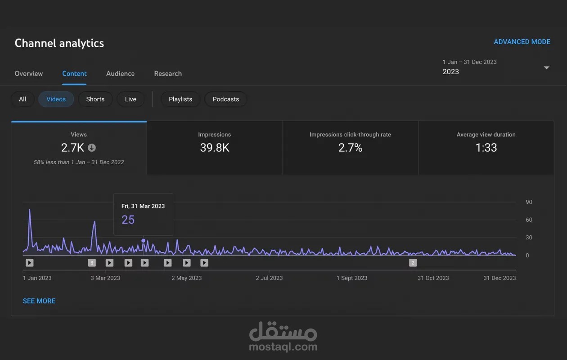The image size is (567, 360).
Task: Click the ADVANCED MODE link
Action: [522, 42]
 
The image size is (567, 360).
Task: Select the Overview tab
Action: [29, 74]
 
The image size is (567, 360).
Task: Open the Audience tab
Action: [121, 74]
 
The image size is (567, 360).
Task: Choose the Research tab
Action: [168, 74]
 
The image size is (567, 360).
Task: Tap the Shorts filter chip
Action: [95, 99]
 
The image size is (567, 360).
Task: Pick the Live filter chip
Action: [130, 99]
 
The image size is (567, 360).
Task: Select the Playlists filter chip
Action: [180, 99]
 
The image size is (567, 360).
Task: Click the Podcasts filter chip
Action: [226, 99]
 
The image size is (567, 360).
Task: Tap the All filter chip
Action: [22, 99]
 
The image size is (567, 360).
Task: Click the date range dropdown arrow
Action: [546, 68]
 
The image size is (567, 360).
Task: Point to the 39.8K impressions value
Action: [215, 148]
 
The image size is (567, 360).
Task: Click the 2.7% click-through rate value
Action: [350, 148]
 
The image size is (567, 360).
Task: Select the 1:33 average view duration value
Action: [486, 148]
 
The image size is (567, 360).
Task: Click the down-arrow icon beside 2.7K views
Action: [92, 148]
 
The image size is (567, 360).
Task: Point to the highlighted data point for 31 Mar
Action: [143, 240]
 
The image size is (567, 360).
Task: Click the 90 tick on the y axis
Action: [529, 202]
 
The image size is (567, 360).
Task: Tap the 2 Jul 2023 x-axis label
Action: [269, 278]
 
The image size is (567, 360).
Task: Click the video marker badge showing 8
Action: [92, 263]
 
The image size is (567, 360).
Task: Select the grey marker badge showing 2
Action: [413, 263]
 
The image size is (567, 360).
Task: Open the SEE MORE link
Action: [39, 301]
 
